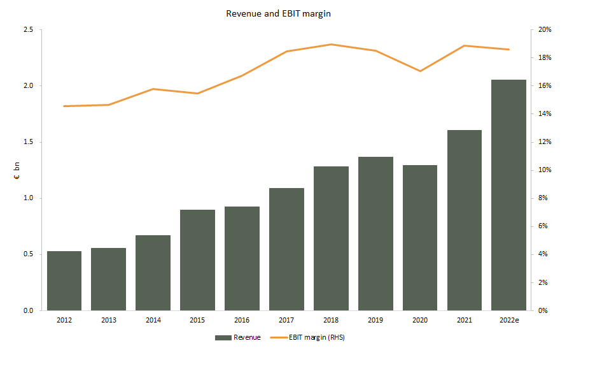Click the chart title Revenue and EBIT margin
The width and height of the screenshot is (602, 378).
(x=278, y=13)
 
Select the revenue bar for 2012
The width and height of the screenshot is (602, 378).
(x=64, y=280)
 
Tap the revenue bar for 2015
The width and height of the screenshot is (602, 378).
(x=197, y=260)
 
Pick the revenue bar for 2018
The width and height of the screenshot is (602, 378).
(x=331, y=238)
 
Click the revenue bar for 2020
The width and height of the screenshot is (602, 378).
(x=420, y=238)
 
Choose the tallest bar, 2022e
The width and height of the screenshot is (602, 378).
(x=509, y=195)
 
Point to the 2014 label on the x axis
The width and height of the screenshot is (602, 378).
(x=153, y=320)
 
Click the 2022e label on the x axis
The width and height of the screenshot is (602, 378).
(x=509, y=320)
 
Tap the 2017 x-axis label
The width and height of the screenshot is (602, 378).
(x=286, y=320)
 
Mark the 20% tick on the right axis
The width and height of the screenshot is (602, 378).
(x=545, y=30)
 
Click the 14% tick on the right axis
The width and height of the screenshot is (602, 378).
(x=545, y=114)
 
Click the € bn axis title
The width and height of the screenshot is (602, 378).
(x=17, y=170)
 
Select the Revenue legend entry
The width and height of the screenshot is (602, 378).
(x=238, y=338)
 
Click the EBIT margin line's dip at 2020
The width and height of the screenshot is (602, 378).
(x=420, y=71)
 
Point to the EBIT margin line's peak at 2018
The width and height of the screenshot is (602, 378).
(x=331, y=45)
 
